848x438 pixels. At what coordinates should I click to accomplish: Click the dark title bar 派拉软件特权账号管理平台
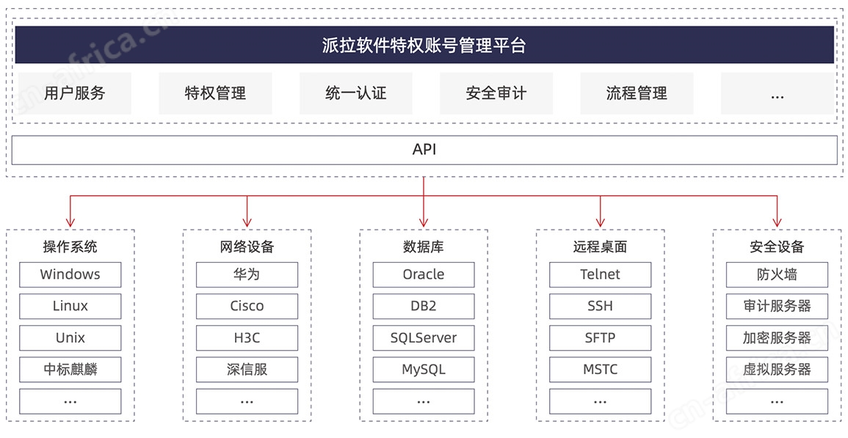coord(424,45)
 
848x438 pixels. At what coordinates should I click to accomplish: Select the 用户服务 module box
coord(75,93)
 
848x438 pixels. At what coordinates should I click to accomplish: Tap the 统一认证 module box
coord(356,93)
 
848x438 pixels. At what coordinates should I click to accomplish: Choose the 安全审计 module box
coord(496,93)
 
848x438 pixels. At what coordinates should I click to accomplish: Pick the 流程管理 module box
coord(637,93)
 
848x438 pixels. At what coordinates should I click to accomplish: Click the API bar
coord(424,150)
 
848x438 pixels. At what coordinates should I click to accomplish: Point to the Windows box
coord(70,274)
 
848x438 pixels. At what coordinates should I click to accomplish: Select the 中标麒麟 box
coord(70,369)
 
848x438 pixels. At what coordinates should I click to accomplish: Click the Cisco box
coord(247,306)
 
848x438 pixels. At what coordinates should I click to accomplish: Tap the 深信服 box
coord(247,369)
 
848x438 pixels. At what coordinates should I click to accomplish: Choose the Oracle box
coord(424,274)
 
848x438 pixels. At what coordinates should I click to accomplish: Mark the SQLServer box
coord(424,338)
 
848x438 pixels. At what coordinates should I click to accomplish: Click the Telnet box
coord(601,274)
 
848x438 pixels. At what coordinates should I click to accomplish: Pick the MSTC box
coord(601,369)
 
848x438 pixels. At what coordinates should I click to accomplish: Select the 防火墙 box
coord(778,274)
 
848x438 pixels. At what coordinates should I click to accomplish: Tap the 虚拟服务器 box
coord(778,369)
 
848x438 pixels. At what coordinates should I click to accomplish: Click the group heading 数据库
coord(424,247)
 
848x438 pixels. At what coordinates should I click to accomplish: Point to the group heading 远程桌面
coord(601,247)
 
